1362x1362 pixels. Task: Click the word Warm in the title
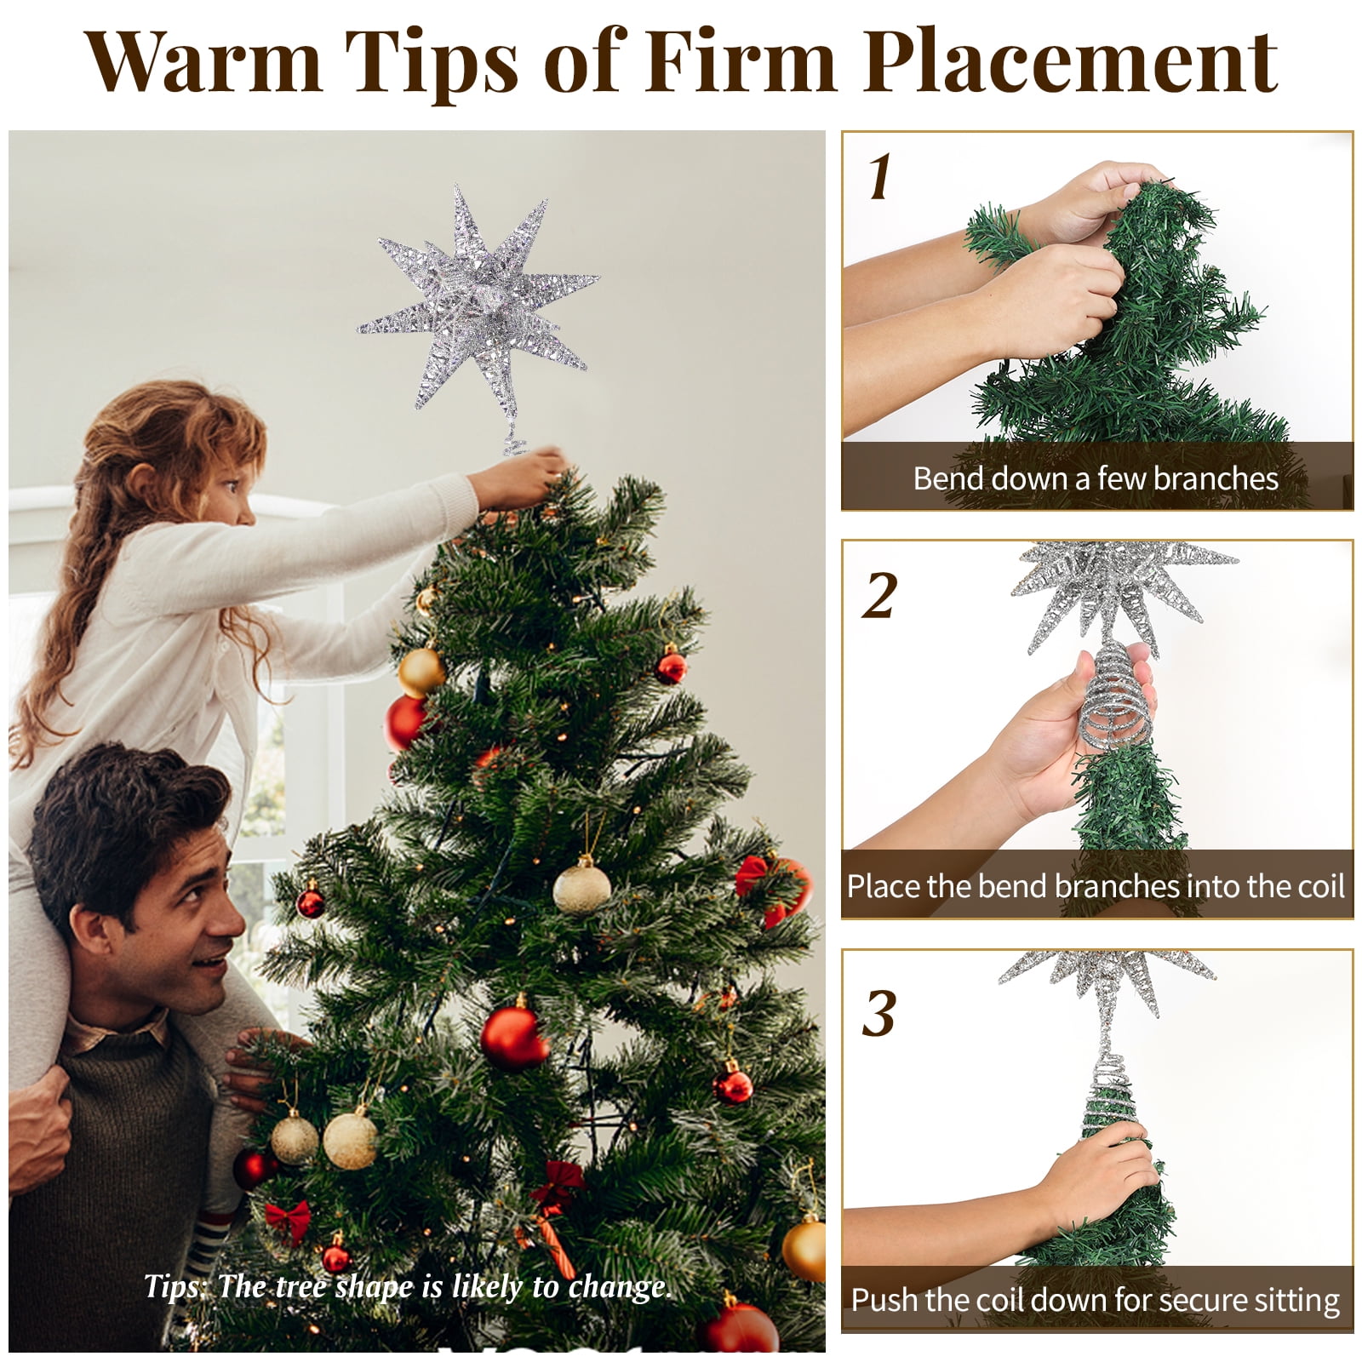[204, 61]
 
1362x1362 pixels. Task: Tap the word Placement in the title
[1071, 61]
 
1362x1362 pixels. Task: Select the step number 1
[880, 177]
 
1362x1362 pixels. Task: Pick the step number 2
[879, 595]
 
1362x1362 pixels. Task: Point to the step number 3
[879, 1013]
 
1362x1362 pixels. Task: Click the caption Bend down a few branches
[1096, 478]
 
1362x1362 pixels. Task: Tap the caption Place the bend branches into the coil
[1096, 886]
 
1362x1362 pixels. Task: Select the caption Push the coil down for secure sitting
[1096, 1300]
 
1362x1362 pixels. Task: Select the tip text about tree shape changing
[408, 1286]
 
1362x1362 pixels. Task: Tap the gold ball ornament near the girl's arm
[421, 672]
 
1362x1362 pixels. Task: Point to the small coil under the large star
[514, 444]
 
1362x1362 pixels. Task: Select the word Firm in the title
[740, 61]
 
